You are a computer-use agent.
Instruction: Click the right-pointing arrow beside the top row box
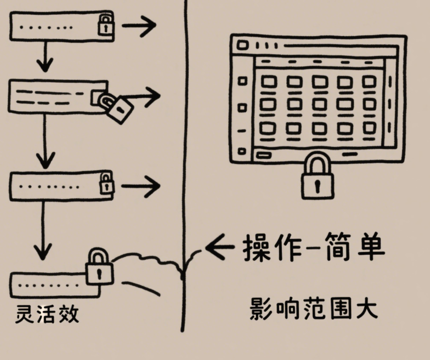[x=139, y=25]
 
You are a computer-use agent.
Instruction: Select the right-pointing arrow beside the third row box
[x=140, y=186]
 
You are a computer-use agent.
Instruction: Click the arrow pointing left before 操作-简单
[x=219, y=248]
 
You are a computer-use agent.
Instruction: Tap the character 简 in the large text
[x=340, y=247]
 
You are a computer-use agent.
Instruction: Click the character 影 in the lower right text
[x=261, y=310]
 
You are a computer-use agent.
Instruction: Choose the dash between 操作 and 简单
[x=312, y=249]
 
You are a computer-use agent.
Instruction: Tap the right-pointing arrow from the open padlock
[x=144, y=96]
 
